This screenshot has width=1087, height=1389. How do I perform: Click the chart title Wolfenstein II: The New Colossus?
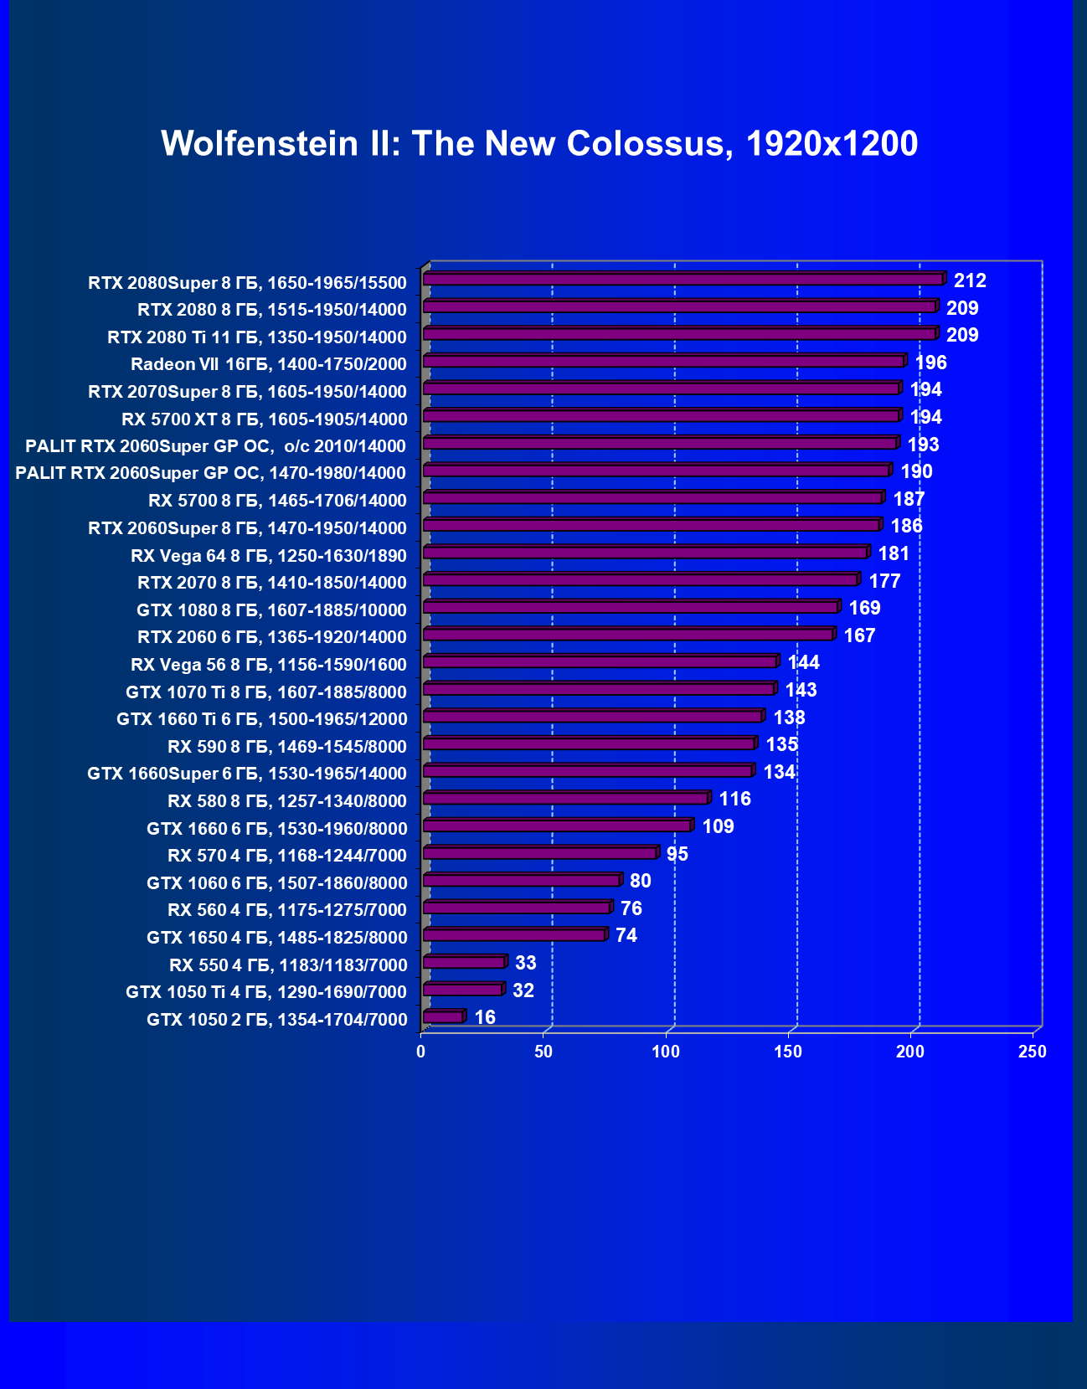coord(539,144)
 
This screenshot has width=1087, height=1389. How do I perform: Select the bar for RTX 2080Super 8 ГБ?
coord(683,280)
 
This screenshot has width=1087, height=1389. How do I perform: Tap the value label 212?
coord(970,281)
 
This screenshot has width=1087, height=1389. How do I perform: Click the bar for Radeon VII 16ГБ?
coord(663,362)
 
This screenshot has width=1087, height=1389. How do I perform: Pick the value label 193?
coord(923,445)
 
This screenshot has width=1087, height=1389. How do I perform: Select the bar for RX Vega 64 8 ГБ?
coord(645,553)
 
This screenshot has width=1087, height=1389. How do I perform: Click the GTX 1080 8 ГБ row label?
coord(271,610)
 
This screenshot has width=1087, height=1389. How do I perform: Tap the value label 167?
coord(859,635)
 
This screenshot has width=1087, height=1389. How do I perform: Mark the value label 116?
coord(734,799)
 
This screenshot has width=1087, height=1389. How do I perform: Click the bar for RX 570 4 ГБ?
coord(539,853)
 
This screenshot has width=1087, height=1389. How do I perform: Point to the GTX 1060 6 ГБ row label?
coord(276,883)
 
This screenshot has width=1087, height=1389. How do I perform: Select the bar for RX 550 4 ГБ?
coord(463,963)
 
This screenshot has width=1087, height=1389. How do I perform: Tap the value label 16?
coord(485,1017)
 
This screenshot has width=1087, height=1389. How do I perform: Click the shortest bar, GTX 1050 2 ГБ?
coord(443,1017)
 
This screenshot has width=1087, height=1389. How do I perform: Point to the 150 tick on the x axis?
coord(788,1052)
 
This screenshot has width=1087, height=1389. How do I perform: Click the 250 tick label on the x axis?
coord(1032,1052)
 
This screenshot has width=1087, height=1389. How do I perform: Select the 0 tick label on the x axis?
coord(421,1052)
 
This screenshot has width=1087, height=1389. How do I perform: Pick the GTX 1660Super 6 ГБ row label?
coord(247,774)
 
